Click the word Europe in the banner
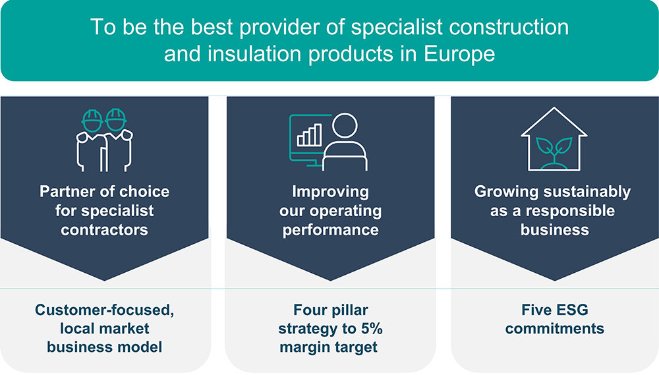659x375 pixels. point(459,54)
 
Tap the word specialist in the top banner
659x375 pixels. point(397,27)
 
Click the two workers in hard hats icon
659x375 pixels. point(104,140)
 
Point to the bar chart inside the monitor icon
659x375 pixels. point(309,135)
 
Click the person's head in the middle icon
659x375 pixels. point(345,125)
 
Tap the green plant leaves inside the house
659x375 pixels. point(554,147)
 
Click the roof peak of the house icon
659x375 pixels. point(554,107)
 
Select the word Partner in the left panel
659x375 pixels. point(67,192)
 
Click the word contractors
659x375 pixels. point(104,230)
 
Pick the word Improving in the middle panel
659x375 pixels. point(330,192)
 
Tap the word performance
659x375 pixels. point(330,231)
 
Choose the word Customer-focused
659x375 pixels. point(104,310)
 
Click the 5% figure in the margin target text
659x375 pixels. point(371,328)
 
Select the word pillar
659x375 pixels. point(349,310)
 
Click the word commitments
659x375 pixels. point(555,328)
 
